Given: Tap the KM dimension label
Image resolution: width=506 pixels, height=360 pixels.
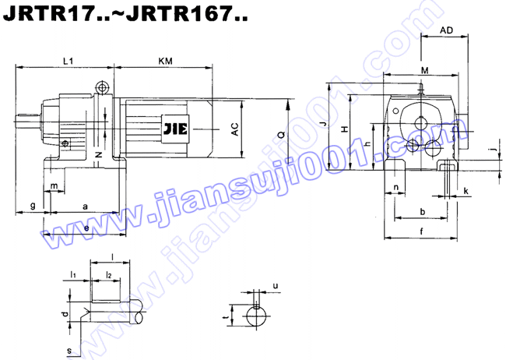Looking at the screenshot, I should [165, 60].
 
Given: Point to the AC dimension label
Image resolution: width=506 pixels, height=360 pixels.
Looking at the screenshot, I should [234, 130].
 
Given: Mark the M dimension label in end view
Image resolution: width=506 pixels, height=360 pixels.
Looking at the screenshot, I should [424, 71].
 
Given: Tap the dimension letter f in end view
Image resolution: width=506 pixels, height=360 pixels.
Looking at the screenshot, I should [421, 231].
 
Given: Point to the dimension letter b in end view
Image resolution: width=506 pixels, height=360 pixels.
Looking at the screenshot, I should [422, 211].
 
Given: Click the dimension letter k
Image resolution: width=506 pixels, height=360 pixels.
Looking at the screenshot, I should [466, 190].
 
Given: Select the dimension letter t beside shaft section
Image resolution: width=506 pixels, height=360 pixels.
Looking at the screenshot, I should [224, 318].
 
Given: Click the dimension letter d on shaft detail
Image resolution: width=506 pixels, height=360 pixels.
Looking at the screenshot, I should [66, 313].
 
